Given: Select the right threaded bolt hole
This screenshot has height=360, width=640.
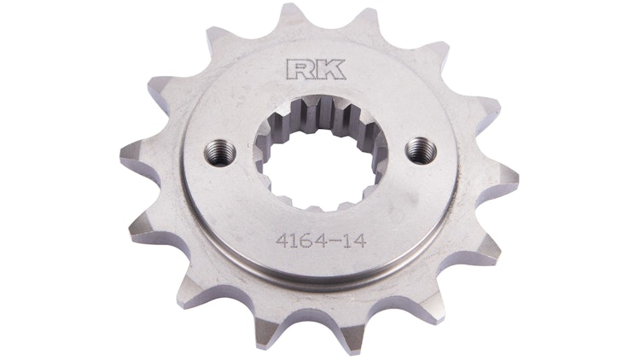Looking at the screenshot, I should (417, 148).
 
